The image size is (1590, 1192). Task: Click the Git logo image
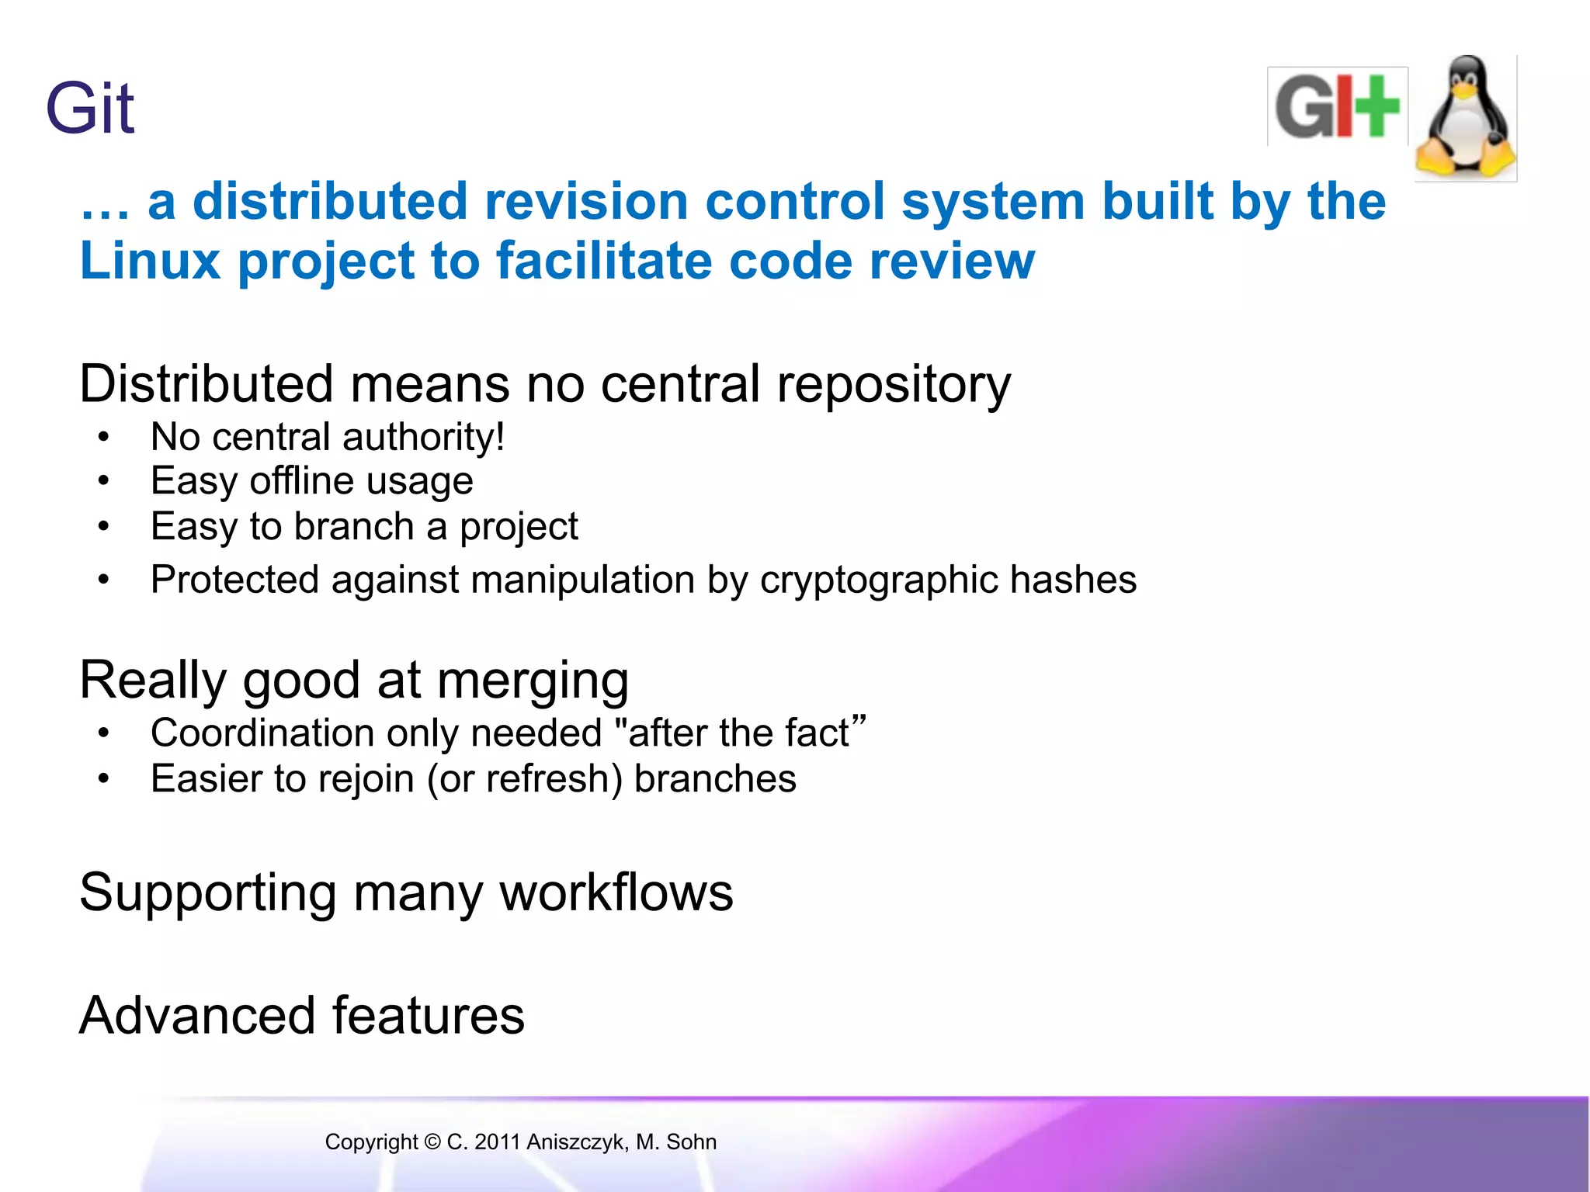[1337, 107]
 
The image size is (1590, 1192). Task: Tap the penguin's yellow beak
[1465, 91]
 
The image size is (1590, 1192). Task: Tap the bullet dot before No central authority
[104, 437]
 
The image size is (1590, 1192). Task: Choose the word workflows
[616, 892]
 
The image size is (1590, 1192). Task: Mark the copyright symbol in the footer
[432, 1142]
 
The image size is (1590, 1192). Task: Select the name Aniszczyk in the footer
[576, 1142]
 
